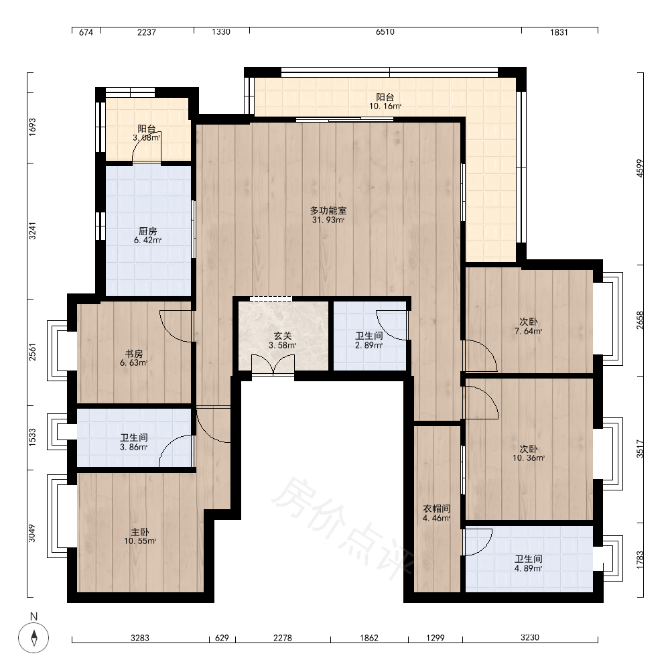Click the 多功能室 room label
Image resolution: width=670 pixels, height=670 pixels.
328,210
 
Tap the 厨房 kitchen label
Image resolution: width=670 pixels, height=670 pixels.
148,231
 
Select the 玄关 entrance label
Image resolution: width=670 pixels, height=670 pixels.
283,336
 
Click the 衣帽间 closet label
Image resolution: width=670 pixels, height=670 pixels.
437,509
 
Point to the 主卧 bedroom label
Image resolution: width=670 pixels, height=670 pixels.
140,532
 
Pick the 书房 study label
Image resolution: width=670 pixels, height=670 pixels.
134,354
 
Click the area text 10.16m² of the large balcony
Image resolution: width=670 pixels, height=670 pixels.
385,107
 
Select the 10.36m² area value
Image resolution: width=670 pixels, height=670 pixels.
529,458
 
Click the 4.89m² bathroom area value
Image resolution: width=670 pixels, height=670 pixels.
528,568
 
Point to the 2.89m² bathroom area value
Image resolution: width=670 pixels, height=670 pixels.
368,345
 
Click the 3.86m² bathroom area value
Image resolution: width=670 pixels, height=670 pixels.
134,447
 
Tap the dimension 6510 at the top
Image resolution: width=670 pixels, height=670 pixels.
385,32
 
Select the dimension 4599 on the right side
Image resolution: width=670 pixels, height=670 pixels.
640,168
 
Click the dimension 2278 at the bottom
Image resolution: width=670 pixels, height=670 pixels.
283,638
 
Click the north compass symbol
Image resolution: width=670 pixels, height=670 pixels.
33,638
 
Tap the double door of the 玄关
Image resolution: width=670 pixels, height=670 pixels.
273,365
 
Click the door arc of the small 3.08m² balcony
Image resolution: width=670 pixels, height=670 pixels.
147,150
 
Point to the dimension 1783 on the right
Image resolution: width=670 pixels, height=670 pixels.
640,559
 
